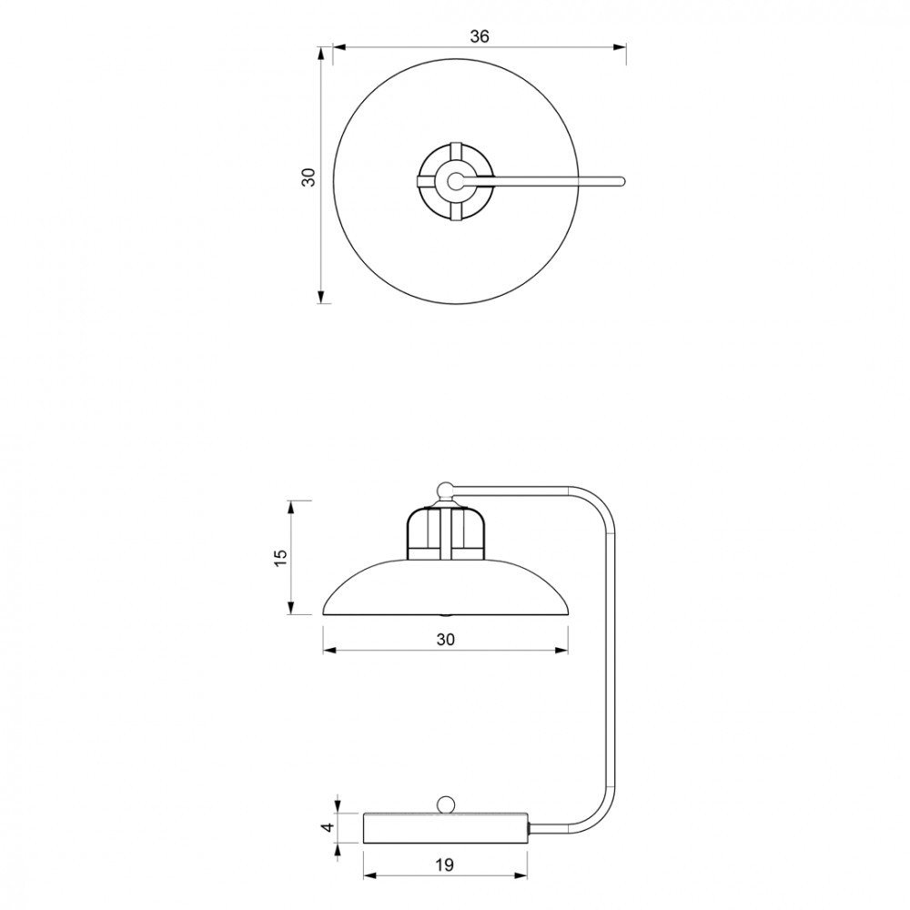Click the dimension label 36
[480, 36]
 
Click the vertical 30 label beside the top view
[309, 177]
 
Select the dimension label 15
[279, 557]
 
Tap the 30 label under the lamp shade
[445, 639]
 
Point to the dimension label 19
[444, 864]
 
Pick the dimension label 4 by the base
[329, 827]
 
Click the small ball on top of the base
[446, 805]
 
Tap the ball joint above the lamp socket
[445, 490]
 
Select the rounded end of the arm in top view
[621, 181]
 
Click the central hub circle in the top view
[456, 181]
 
